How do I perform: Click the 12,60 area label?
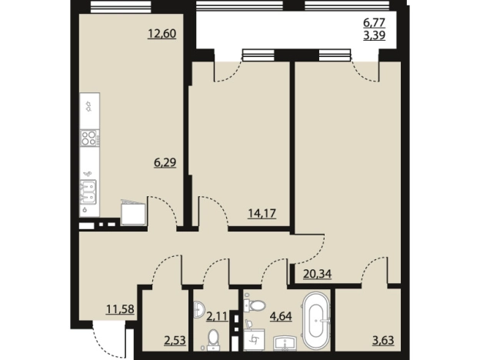162,33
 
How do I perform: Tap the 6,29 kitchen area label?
165,162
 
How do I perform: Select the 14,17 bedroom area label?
262,213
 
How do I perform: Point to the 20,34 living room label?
318,274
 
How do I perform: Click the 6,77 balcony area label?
374,22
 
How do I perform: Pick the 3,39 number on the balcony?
374,35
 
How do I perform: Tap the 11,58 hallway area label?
120,309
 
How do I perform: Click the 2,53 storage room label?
175,340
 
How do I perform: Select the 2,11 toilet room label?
218,316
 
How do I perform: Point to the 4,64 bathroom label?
281,316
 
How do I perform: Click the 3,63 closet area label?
383,340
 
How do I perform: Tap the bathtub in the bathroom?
316,321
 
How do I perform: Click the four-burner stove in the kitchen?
90,138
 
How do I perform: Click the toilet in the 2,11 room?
212,339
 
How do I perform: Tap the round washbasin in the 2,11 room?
199,309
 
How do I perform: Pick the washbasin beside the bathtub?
285,343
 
